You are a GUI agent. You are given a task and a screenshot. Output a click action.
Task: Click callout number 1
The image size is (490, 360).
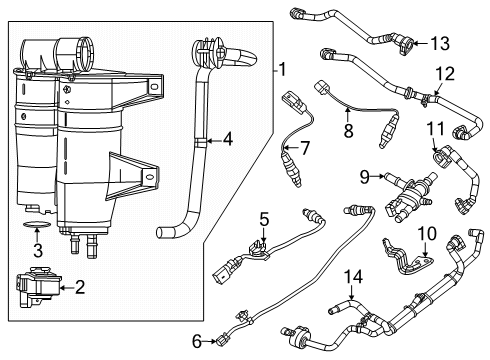[x=283, y=70]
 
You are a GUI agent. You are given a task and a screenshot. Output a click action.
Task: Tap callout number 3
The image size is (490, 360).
[x=37, y=250]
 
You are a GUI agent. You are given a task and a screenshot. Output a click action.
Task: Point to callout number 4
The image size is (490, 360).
[x=229, y=141]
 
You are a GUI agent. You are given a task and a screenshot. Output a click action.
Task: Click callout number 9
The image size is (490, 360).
[x=366, y=178]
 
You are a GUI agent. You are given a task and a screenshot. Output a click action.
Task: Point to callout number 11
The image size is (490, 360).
[x=435, y=127]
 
